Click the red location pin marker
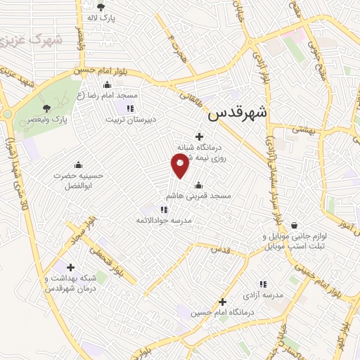(x=180, y=165)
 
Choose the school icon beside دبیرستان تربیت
(x=129, y=108)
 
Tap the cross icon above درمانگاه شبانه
(x=200, y=136)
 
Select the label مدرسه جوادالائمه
(x=164, y=219)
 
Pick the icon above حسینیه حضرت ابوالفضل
(x=77, y=165)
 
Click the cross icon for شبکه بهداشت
(x=70, y=267)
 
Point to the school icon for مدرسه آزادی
(x=263, y=284)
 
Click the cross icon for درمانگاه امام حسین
(x=222, y=300)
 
